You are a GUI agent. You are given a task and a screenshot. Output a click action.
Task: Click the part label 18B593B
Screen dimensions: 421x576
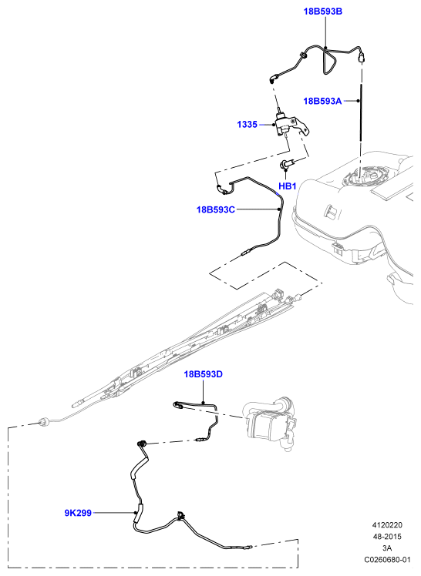coord(322,12)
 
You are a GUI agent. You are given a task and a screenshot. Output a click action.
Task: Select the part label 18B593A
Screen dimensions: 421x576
coord(322,101)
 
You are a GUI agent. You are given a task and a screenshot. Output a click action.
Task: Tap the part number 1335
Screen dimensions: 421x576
coord(247,125)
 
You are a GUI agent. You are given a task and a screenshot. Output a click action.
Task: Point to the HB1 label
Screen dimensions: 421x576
coord(287,186)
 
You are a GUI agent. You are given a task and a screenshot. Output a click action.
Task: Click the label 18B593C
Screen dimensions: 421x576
coord(215,209)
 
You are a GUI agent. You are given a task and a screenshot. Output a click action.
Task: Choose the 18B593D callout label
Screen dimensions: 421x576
coord(203,374)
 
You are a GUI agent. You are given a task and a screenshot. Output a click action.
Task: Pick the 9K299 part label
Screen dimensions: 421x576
coord(78,513)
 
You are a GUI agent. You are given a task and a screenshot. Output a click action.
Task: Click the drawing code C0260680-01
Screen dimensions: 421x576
coord(387,560)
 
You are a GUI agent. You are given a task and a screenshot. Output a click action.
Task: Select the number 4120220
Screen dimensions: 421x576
coord(387,525)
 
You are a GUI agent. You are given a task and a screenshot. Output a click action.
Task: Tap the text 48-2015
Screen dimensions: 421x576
coord(387,537)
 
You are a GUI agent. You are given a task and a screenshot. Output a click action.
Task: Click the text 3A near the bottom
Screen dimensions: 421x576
coord(387,548)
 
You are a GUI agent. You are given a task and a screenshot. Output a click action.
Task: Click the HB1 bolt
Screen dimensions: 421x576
coord(287,164)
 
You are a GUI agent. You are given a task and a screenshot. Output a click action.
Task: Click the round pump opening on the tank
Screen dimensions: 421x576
coord(363,176)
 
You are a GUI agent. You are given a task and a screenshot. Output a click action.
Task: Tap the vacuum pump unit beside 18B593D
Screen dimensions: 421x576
coord(271,423)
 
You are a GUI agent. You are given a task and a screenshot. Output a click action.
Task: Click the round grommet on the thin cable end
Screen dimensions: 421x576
coord(45,423)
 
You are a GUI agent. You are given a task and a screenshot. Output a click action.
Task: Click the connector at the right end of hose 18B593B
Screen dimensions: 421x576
coord(362,57)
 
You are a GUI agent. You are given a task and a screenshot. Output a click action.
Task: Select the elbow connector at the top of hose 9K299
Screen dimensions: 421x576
coord(141,444)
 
